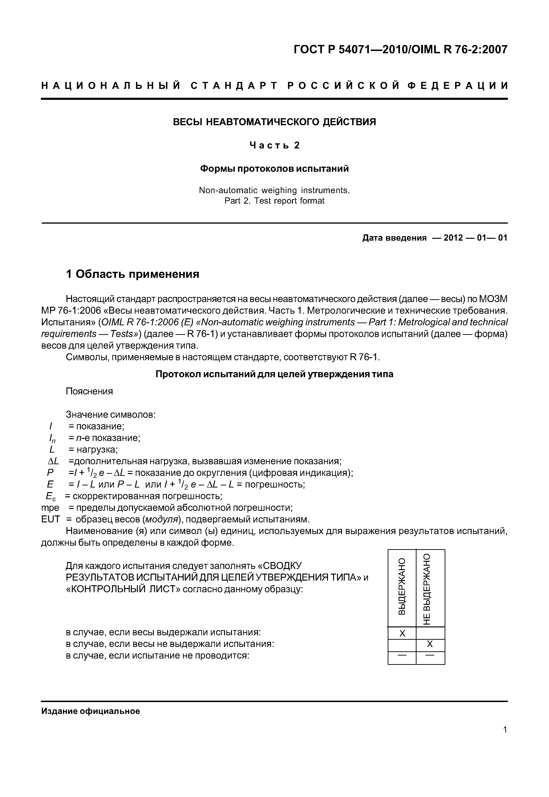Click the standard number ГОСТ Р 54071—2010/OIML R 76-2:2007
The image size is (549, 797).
point(400,50)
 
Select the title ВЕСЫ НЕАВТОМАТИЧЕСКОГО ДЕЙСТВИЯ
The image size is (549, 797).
point(274,122)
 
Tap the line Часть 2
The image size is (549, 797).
point(274,145)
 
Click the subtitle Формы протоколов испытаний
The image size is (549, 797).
point(274,169)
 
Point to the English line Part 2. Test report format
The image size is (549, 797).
point(274,201)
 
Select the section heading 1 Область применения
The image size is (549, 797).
point(132,274)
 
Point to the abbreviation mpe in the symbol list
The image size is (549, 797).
point(50,508)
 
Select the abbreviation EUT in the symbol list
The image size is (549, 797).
point(50,519)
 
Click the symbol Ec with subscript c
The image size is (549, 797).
point(51,496)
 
